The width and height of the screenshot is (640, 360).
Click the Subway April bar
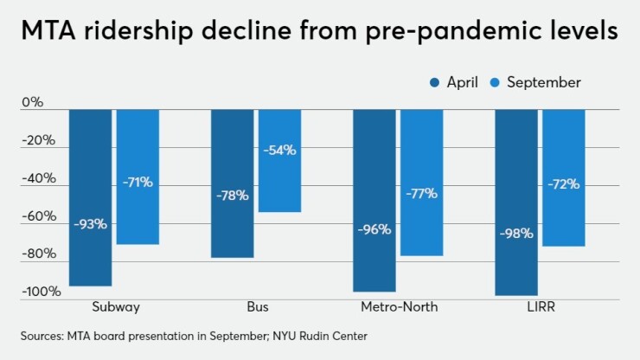pyautogui.click(x=90, y=197)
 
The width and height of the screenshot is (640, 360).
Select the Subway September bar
pyautogui.click(x=138, y=177)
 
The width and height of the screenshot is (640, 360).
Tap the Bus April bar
pyautogui.click(x=232, y=183)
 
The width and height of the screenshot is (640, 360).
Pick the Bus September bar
pyautogui.click(x=279, y=161)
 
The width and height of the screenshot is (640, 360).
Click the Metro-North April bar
pyautogui.click(x=374, y=201)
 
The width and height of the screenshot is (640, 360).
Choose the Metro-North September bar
pyautogui.click(x=421, y=183)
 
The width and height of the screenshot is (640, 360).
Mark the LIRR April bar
pyautogui.click(x=516, y=202)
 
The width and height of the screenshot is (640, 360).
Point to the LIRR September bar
pyautogui.click(x=563, y=177)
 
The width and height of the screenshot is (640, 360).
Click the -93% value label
pyautogui.click(x=90, y=224)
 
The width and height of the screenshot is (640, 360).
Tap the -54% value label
pyautogui.click(x=279, y=150)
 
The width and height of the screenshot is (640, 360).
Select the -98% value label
pyautogui.click(x=516, y=233)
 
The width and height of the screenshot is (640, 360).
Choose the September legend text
pyautogui.click(x=543, y=83)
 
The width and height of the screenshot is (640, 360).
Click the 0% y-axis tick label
pyautogui.click(x=32, y=102)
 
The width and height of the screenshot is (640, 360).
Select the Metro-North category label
pyautogui.click(x=398, y=307)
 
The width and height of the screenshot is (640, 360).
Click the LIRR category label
pyautogui.click(x=540, y=307)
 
